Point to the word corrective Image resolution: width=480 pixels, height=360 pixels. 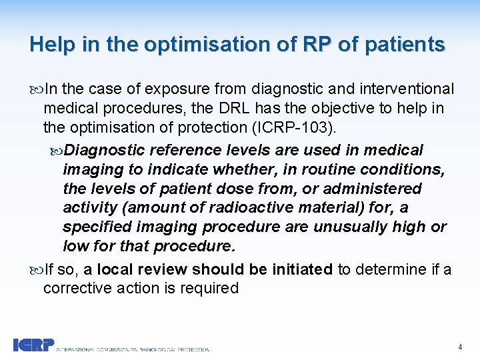(x=74, y=288)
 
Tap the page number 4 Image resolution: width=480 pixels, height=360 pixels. (x=460, y=347)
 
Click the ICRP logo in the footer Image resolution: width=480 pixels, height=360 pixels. (x=33, y=345)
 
